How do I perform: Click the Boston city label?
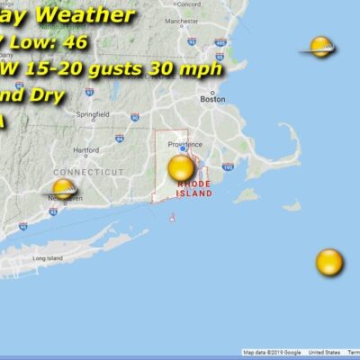(212, 100)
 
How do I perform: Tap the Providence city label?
(183, 143)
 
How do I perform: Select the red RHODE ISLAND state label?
(194, 188)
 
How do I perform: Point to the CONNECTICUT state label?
(87, 171)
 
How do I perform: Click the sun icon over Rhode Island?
(181, 167)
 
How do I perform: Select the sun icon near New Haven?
(63, 189)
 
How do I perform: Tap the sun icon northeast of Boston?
(320, 47)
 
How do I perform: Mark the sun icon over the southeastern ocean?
(329, 263)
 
